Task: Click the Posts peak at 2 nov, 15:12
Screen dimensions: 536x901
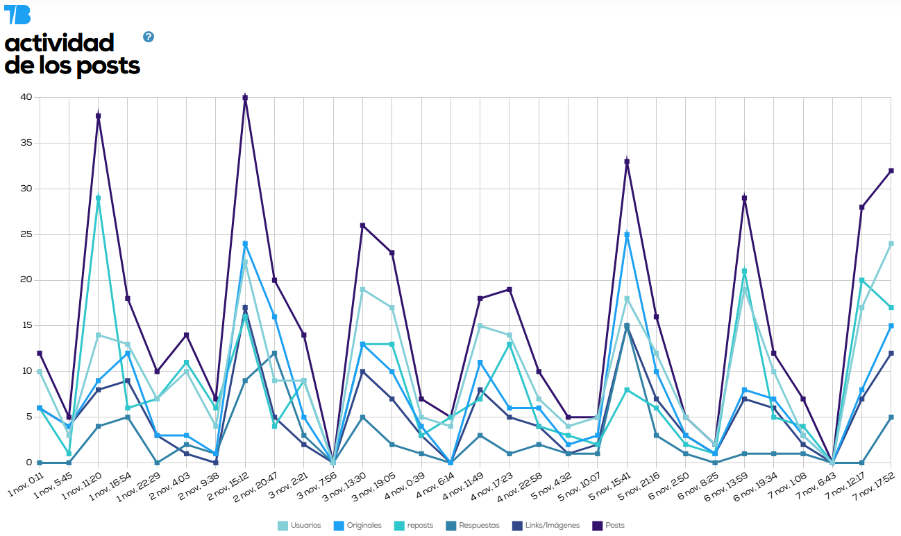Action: tap(245, 98)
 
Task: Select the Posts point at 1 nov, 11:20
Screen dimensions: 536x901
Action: tap(99, 116)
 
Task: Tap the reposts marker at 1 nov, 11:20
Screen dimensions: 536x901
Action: tap(99, 198)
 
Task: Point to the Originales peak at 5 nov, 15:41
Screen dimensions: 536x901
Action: tap(627, 234)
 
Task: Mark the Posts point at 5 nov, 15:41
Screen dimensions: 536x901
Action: tap(627, 162)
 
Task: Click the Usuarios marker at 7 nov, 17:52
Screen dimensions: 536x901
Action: tap(891, 243)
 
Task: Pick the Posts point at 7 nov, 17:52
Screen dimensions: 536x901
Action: tap(891, 171)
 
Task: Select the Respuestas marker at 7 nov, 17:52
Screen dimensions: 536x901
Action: tap(891, 417)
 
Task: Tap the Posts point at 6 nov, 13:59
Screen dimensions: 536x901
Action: tap(744, 198)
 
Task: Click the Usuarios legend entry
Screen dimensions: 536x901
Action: tap(300, 526)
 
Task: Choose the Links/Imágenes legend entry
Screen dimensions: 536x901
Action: tap(548, 526)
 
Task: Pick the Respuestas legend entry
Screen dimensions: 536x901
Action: tap(473, 526)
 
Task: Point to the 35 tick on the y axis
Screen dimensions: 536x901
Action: tap(26, 143)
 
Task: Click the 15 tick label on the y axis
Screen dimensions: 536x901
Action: tap(26, 325)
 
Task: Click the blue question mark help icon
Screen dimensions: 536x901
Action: tap(149, 37)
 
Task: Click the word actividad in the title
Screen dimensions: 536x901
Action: tap(59, 43)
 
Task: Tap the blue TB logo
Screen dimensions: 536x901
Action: tap(17, 14)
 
